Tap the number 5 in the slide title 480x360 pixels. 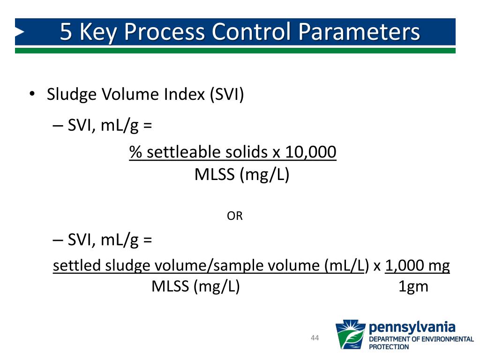tap(67, 32)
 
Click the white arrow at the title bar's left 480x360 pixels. tap(20, 32)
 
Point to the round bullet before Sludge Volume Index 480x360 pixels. tap(32, 94)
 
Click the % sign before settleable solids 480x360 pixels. tap(136, 152)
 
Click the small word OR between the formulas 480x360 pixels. tap(235, 216)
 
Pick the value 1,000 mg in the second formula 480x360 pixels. tap(417, 266)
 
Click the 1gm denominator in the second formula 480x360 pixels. tap(413, 286)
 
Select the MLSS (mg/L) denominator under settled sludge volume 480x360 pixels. tap(195, 286)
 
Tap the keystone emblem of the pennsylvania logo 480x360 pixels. tap(350, 334)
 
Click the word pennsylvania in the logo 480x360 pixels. tap(412, 326)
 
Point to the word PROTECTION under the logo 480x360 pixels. tap(389, 347)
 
